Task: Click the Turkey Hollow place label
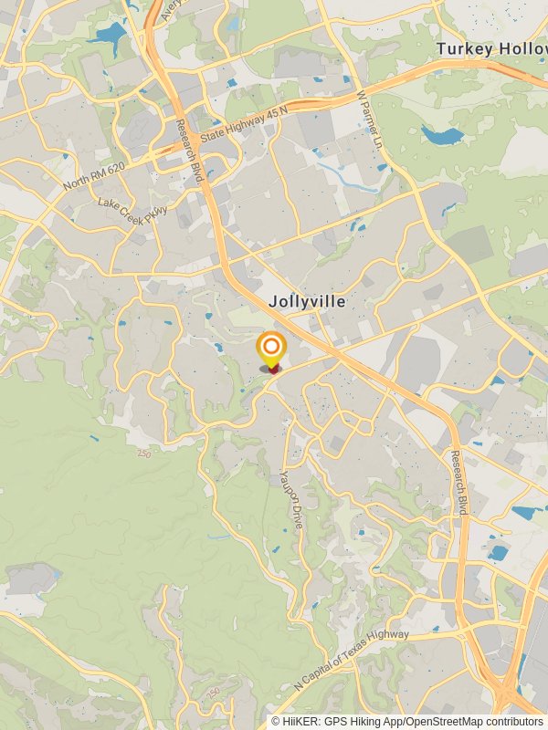coord(490,48)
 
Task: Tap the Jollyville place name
coord(307,301)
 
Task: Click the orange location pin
coord(271,349)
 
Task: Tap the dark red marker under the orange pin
coord(272,370)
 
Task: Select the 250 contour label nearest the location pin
coord(144,454)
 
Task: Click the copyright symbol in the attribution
coord(276,722)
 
